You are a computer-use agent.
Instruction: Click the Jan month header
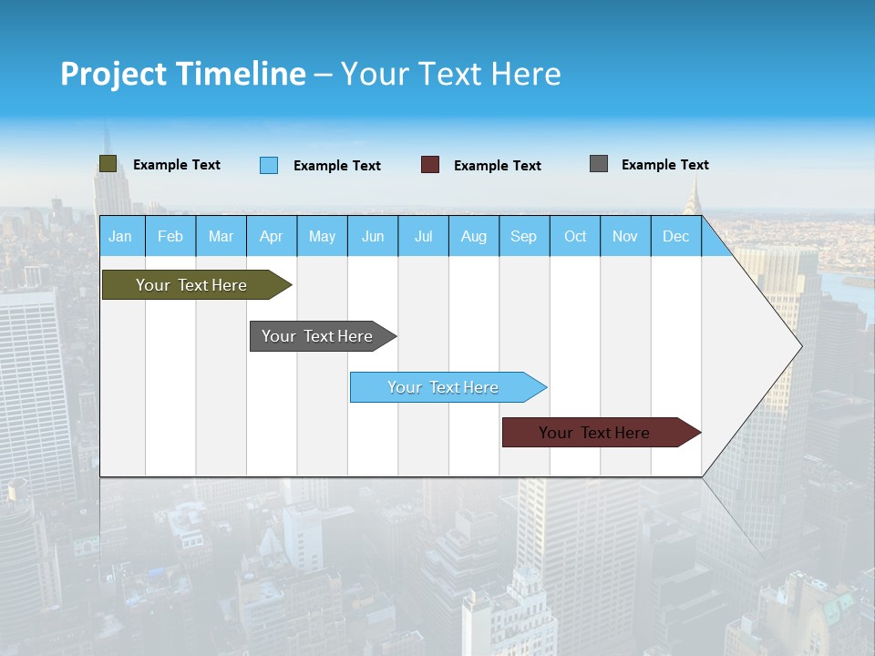(120, 236)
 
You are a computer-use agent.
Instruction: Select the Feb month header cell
(170, 236)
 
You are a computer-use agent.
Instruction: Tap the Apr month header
(272, 236)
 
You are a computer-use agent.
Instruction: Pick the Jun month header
(373, 236)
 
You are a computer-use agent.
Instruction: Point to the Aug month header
(474, 236)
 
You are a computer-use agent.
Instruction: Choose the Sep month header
(524, 236)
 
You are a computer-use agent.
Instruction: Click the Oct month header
(575, 236)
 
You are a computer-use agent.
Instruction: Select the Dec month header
(676, 236)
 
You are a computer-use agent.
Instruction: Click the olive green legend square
(108, 164)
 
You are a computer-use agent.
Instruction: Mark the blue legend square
(269, 165)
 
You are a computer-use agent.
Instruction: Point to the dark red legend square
(430, 165)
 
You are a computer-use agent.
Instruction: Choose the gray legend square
(599, 164)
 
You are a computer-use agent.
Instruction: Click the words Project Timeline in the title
(183, 74)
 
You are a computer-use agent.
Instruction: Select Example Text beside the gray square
(665, 165)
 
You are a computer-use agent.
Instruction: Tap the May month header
(322, 236)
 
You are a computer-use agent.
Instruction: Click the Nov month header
(625, 236)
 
